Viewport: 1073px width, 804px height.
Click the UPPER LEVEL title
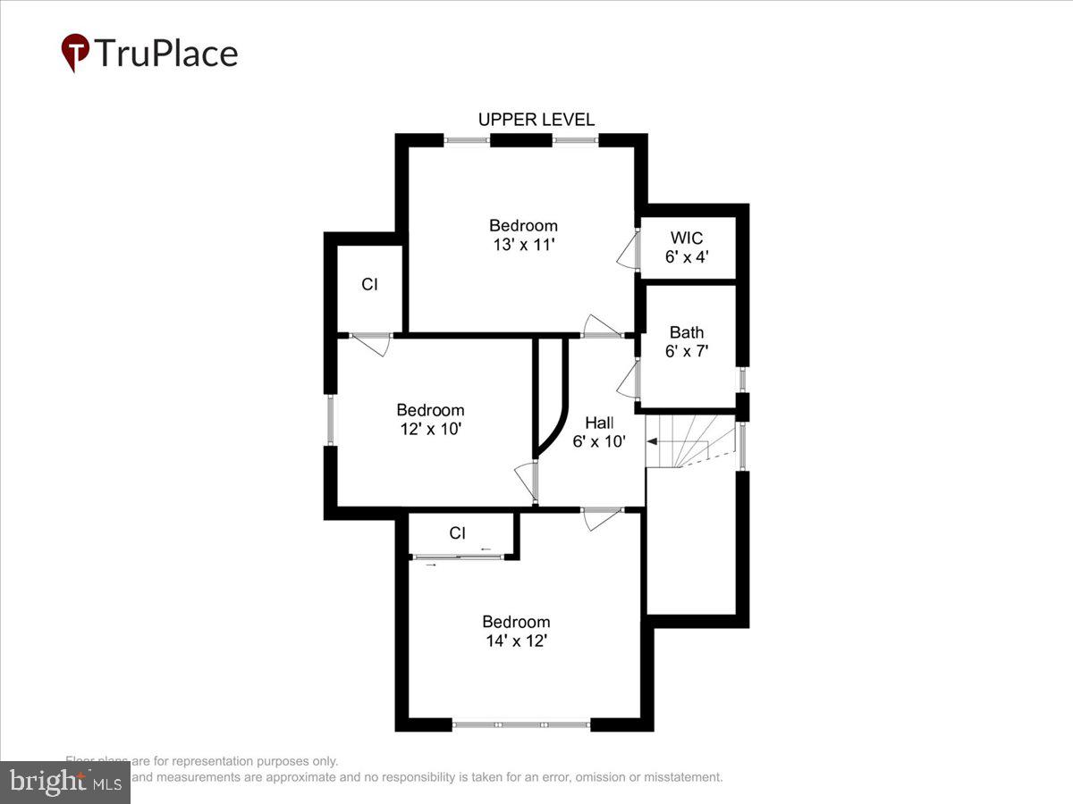click(536, 120)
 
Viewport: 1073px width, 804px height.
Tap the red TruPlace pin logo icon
click(75, 53)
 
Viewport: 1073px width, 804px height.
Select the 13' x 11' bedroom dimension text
click(523, 244)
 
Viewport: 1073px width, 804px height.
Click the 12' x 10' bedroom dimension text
click(430, 429)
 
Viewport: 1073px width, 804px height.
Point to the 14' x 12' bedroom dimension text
click(516, 641)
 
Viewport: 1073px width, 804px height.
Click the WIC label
click(687, 239)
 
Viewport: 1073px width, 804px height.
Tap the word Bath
click(687, 333)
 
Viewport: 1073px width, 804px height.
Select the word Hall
click(599, 423)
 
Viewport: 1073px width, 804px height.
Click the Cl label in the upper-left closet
click(369, 285)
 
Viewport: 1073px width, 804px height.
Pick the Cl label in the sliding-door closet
click(457, 533)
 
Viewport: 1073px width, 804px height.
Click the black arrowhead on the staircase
click(652, 440)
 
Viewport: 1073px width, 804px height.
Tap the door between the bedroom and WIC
click(629, 250)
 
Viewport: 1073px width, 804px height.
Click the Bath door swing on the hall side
click(629, 380)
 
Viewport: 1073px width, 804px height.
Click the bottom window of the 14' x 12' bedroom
click(521, 724)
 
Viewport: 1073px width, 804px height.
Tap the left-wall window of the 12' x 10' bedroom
click(330, 420)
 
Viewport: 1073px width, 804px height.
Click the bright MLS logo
click(64, 783)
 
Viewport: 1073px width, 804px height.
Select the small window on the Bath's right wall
click(740, 380)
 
